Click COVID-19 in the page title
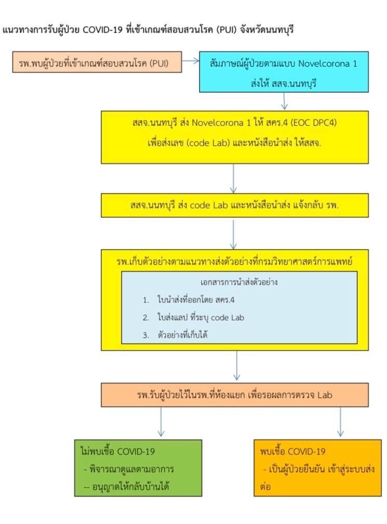(102, 30)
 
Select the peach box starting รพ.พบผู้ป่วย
(97, 62)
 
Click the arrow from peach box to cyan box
(191, 61)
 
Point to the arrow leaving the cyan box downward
(284, 101)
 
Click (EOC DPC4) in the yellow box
(313, 122)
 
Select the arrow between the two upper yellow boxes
(233, 178)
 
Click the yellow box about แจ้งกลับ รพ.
(235, 205)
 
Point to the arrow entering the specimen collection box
(233, 235)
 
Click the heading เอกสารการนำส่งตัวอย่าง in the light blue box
(239, 282)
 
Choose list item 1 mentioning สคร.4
(189, 300)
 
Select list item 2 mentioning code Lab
(193, 318)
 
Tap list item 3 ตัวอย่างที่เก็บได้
(175, 335)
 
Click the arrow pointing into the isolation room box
(237, 366)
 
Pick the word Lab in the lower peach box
(325, 395)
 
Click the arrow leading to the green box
(161, 422)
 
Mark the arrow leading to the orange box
(340, 422)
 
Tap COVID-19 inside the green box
(136, 452)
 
